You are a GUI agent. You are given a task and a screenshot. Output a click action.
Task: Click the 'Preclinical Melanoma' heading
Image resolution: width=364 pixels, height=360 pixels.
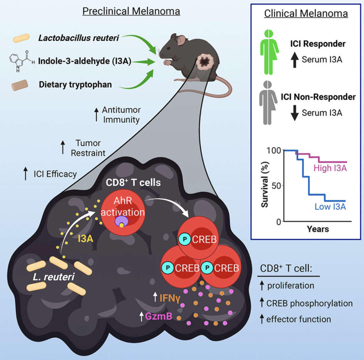pos(131,11)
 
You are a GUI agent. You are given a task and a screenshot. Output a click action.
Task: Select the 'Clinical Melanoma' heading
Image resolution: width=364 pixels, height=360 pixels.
pos(306,14)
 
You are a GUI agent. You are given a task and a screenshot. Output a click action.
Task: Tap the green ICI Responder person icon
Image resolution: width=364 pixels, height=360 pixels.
pos(268,52)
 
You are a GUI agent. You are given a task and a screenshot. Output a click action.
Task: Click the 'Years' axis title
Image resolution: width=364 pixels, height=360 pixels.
pos(318,229)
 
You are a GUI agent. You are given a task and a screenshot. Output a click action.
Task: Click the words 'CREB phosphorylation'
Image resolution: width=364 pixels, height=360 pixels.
pos(309,303)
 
